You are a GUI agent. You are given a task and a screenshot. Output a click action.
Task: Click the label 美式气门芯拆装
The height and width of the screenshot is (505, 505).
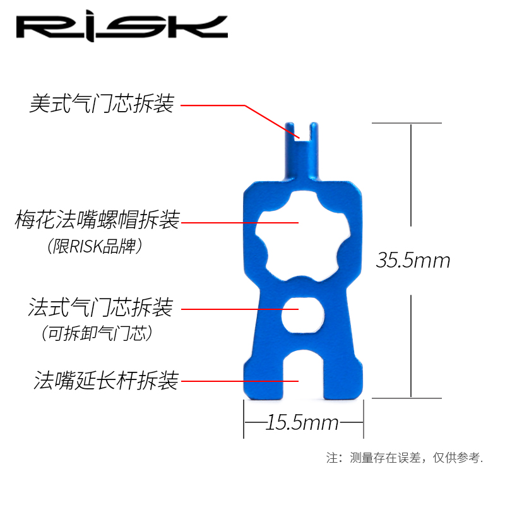tap(102, 104)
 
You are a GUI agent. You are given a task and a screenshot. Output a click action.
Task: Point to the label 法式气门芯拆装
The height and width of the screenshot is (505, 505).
tap(100, 309)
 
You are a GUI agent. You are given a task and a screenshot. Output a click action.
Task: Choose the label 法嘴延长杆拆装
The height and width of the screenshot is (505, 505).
tap(107, 381)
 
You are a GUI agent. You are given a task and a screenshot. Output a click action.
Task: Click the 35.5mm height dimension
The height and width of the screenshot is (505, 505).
tap(413, 260)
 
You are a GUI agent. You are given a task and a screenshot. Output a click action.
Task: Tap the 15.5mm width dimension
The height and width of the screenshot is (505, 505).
tap(302, 422)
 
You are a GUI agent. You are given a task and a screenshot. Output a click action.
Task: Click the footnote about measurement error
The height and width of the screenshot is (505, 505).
tap(405, 458)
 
